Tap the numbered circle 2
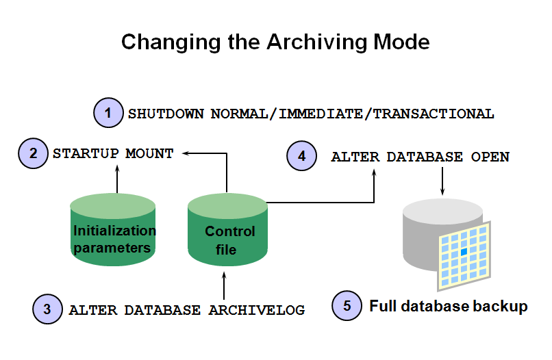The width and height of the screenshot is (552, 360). click(x=34, y=153)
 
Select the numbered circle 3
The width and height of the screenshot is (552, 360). click(x=47, y=309)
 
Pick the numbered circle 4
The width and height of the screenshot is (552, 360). click(x=302, y=156)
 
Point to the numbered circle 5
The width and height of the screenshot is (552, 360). click(x=347, y=305)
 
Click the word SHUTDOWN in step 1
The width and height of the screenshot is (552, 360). click(x=166, y=114)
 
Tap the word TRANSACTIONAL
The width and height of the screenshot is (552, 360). click(x=433, y=114)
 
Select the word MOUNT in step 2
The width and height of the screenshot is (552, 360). click(x=149, y=153)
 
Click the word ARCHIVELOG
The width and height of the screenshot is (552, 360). click(x=256, y=309)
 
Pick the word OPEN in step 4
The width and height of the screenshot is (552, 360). click(x=490, y=157)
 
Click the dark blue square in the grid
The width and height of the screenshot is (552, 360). click(x=464, y=253)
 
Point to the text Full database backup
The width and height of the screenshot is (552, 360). click(x=449, y=306)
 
